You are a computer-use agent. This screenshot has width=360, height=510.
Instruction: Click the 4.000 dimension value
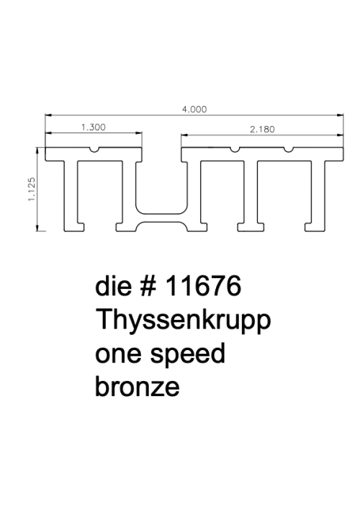pyautogui.click(x=194, y=109)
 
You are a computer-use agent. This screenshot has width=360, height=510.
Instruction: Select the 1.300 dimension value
pyautogui.click(x=94, y=127)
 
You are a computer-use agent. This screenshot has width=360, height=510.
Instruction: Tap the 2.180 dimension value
pyautogui.click(x=262, y=130)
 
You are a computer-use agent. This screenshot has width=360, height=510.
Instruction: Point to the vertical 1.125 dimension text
pyautogui.click(x=32, y=189)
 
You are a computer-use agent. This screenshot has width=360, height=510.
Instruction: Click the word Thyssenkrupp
pyautogui.click(x=183, y=320)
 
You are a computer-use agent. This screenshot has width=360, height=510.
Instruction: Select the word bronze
pyautogui.click(x=138, y=386)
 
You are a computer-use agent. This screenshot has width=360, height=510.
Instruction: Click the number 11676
pyautogui.click(x=204, y=285)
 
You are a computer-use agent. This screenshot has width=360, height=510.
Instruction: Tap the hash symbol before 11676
pyautogui.click(x=149, y=285)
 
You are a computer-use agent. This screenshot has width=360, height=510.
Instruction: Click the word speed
pyautogui.click(x=188, y=354)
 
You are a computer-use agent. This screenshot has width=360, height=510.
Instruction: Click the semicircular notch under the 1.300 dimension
pyautogui.click(x=94, y=150)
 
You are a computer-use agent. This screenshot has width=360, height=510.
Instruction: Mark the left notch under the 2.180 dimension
pyautogui.click(x=235, y=150)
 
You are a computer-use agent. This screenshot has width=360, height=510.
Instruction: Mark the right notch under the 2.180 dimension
pyautogui.click(x=289, y=150)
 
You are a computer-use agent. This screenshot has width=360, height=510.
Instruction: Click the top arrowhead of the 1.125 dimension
pyautogui.click(x=37, y=151)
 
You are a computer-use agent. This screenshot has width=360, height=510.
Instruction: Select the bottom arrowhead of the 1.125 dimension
pyautogui.click(x=37, y=228)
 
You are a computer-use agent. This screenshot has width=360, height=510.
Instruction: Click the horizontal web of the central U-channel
pyautogui.click(x=161, y=218)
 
